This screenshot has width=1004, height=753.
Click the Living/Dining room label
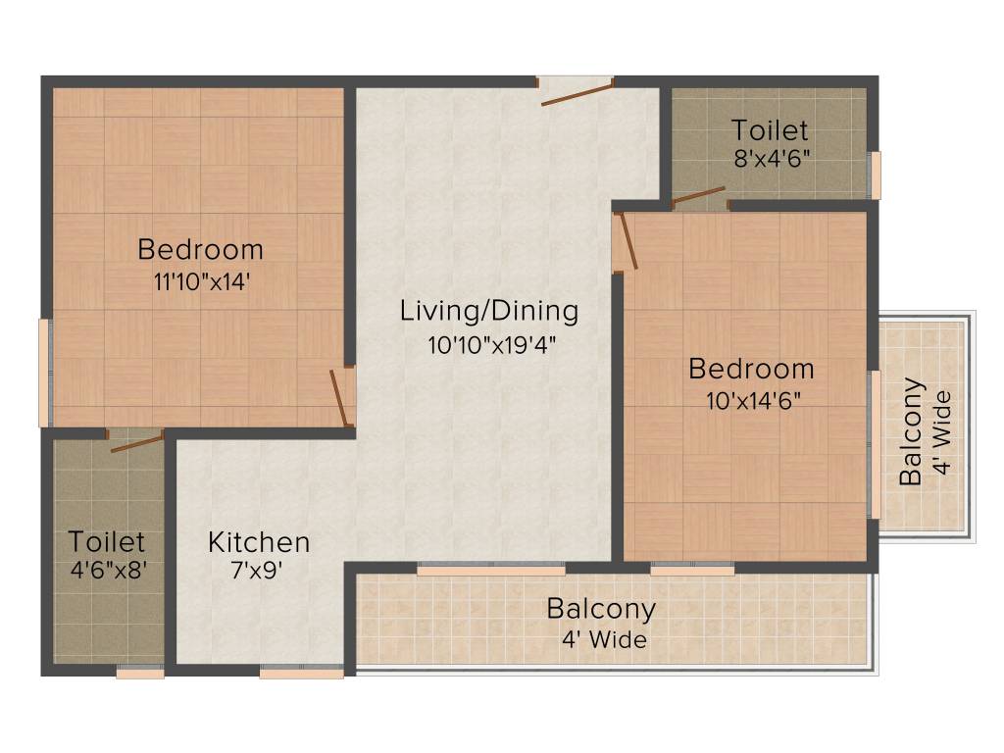click(489, 312)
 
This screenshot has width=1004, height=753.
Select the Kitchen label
click(259, 542)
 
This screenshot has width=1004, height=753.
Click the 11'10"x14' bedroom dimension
click(201, 281)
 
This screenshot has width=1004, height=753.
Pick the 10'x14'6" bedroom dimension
click(751, 401)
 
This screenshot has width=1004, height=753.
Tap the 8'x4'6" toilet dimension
click(771, 159)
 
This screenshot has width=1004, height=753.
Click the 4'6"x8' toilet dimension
click(107, 570)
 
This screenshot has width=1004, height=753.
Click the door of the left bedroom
click(342, 396)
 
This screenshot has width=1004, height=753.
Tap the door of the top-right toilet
click(699, 198)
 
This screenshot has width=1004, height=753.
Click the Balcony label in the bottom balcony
click(601, 609)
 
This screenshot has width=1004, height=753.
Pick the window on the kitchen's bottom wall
click(301, 673)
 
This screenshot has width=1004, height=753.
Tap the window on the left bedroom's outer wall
click(44, 373)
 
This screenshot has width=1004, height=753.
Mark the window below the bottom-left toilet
click(139, 673)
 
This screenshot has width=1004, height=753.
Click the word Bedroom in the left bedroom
click(201, 249)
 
